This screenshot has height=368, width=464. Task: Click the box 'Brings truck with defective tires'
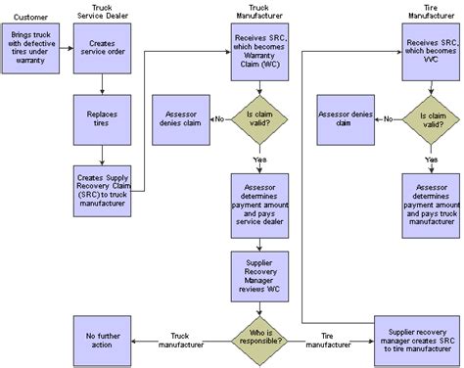tap(32, 50)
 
